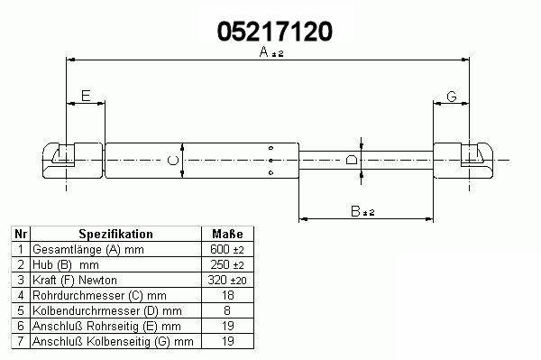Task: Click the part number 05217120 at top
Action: [275, 32]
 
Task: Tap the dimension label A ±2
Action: [271, 52]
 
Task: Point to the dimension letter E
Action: [86, 96]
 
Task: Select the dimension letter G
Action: [452, 97]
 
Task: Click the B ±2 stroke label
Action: [362, 211]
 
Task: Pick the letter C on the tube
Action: [173, 161]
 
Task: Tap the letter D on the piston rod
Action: [352, 160]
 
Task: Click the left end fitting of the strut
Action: [72, 161]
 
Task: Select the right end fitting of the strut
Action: [463, 161]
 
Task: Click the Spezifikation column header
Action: [116, 234]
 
